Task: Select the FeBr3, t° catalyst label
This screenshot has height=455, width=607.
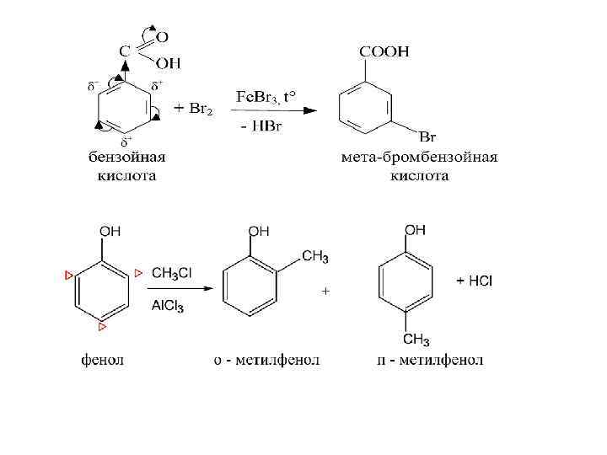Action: pyautogui.click(x=269, y=96)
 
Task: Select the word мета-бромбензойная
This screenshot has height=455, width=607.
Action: pyautogui.click(x=419, y=158)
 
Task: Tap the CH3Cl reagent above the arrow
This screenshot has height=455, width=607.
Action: pyautogui.click(x=172, y=272)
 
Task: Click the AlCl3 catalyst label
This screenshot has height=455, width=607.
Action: pyautogui.click(x=168, y=306)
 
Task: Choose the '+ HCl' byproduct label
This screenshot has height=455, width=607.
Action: pyautogui.click(x=475, y=281)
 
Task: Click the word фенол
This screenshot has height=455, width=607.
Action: pyautogui.click(x=102, y=361)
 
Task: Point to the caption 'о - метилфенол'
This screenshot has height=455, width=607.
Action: pyautogui.click(x=266, y=361)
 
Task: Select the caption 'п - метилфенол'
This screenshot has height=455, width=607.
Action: pyautogui.click(x=429, y=361)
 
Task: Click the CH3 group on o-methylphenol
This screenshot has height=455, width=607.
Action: pyautogui.click(x=314, y=257)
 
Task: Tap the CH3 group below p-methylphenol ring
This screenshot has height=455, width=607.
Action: pyautogui.click(x=416, y=340)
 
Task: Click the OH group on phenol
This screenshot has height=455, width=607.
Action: pyautogui.click(x=110, y=231)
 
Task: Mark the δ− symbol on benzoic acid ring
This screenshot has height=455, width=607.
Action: pyautogui.click(x=94, y=86)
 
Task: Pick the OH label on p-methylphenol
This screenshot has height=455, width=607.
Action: pyautogui.click(x=416, y=229)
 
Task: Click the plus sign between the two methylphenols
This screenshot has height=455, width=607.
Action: pyautogui.click(x=325, y=291)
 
